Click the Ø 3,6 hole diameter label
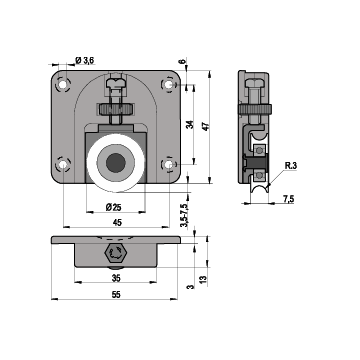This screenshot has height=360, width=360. point(85,60)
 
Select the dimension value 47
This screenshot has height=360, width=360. point(206,126)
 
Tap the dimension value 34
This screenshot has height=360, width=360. point(189,125)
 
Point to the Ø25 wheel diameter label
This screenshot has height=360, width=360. point(113,207)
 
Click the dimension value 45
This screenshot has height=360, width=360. point(117,223)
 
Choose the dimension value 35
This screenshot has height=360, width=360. point(116,278)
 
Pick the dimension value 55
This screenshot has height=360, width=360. point(116,295)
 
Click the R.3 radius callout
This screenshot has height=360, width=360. point(291,166)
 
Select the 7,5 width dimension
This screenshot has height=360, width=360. point(289,199)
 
